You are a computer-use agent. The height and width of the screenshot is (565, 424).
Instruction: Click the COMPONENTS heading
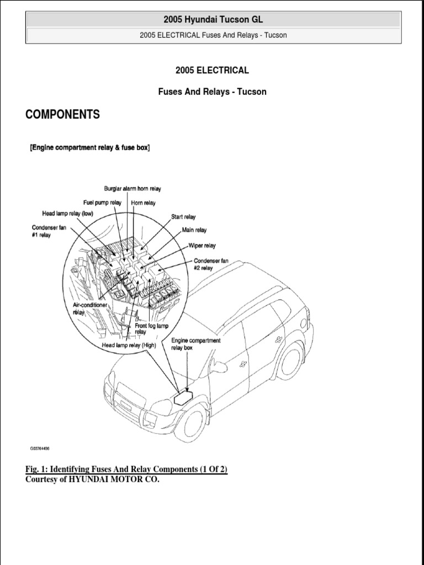click(x=63, y=115)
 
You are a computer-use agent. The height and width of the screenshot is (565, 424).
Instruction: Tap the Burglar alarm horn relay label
click(x=132, y=189)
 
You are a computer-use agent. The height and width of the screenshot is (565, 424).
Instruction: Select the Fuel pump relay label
click(x=102, y=202)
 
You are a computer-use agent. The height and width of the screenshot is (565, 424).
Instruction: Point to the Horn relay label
click(x=143, y=202)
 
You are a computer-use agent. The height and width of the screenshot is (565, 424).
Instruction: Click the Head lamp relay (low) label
click(x=68, y=214)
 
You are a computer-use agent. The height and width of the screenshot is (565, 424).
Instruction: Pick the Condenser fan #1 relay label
click(x=48, y=230)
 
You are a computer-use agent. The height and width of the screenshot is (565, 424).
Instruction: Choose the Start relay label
click(x=183, y=217)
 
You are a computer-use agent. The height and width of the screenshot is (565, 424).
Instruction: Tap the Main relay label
click(x=194, y=230)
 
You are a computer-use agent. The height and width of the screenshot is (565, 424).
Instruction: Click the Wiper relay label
click(x=202, y=246)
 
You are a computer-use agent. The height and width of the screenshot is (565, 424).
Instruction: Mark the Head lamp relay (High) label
click(x=129, y=345)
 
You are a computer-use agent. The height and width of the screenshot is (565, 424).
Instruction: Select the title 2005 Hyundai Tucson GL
click(x=213, y=20)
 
